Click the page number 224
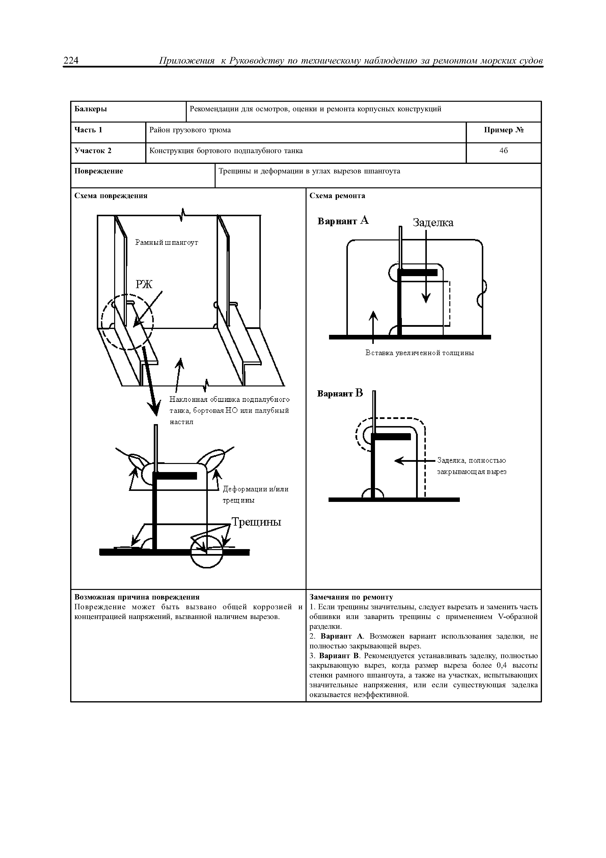coord(71,60)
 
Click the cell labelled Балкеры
coord(91,109)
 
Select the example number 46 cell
coord(503,151)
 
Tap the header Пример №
coord(504,130)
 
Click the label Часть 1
coord(88,130)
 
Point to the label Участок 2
coord(93,151)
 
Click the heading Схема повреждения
coord(111,196)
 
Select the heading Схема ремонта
coord(337,196)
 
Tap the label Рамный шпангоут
coord(166,243)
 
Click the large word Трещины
coord(256,522)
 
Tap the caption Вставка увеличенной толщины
coord(420,353)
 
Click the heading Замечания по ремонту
coord(351,598)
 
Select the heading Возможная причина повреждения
coord(137,598)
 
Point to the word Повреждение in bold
coord(99,171)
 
